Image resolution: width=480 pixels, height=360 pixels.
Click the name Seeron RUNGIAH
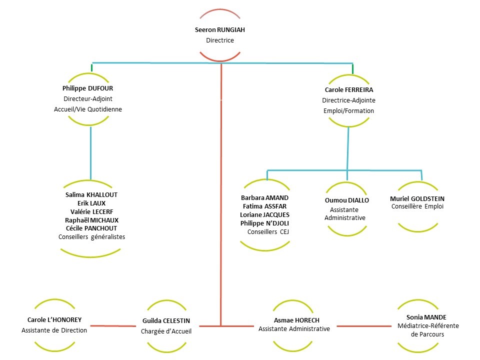[219, 30]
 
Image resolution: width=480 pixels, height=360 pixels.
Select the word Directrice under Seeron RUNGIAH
[219, 40]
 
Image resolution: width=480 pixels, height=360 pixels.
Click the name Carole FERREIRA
[348, 90]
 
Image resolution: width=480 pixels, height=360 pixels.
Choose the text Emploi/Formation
[348, 110]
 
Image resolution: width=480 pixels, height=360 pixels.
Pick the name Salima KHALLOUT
[91, 195]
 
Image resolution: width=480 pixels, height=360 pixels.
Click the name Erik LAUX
[91, 203]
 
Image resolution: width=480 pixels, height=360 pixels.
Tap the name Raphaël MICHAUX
[91, 220]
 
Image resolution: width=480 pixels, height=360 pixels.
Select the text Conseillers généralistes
[91, 237]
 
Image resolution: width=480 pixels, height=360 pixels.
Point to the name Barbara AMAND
[264, 197]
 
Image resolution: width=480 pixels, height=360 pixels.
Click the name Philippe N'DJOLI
[264, 223]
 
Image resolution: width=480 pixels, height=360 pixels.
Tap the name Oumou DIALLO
[347, 200]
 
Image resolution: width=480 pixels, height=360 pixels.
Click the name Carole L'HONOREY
[54, 319]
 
